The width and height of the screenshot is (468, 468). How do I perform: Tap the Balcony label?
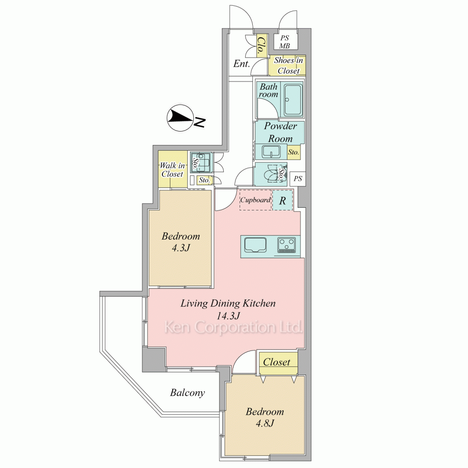click(x=188, y=393)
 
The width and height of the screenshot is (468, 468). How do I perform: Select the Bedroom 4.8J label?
click(x=265, y=417)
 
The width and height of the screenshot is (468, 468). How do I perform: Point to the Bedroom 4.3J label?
click(x=181, y=242)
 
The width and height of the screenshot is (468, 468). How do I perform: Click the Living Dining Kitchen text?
click(x=228, y=303)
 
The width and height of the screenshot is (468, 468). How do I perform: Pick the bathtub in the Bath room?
click(x=293, y=100)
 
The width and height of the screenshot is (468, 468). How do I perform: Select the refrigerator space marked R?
click(x=282, y=200)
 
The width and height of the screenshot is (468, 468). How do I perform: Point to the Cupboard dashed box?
click(x=256, y=200)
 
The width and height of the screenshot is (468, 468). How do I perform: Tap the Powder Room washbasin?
click(x=271, y=152)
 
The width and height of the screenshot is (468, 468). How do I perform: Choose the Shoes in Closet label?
click(x=288, y=66)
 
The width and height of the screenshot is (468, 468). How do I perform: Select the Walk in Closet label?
click(x=172, y=169)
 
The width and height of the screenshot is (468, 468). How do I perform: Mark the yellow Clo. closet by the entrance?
click(x=261, y=46)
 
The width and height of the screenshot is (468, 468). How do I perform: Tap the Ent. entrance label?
click(x=241, y=64)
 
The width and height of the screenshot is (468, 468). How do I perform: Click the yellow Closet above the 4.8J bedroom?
click(x=278, y=363)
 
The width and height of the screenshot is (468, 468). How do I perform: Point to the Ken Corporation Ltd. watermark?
click(x=234, y=328)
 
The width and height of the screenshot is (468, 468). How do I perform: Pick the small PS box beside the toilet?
click(x=298, y=179)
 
